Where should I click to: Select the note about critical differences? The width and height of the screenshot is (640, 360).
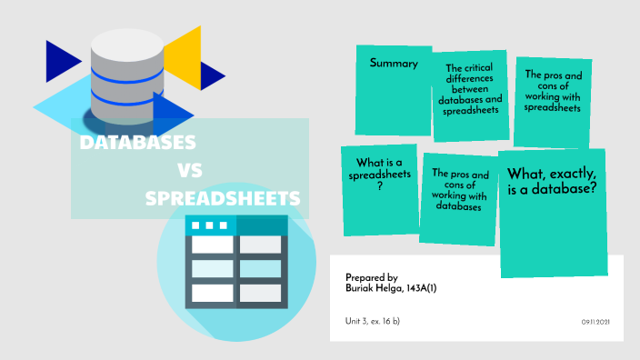tap(469, 95)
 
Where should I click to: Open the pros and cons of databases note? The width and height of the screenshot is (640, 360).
tap(460, 199)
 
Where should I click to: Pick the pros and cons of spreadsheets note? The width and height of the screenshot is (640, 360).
tap(554, 102)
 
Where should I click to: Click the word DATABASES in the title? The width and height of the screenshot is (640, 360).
tap(138, 143)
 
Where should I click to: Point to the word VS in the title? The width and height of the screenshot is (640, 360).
tap(189, 170)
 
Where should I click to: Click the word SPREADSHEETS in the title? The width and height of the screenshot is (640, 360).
tap(223, 197)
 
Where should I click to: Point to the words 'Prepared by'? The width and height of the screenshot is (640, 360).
tap(372, 276)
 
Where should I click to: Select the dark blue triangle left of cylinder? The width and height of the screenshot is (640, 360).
tap(61, 61)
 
